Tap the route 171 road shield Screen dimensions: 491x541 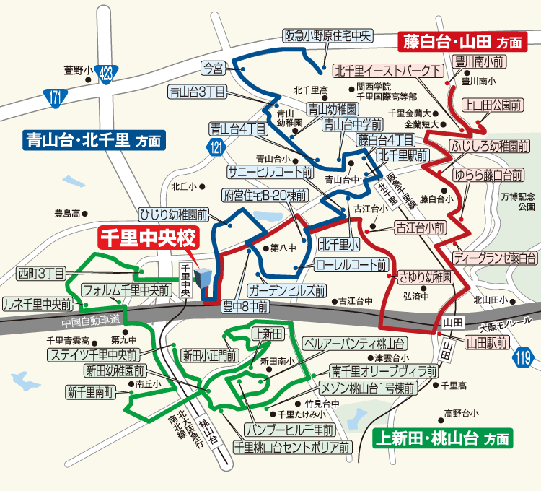55,97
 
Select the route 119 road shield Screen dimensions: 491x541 524,357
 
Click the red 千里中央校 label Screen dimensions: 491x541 147,237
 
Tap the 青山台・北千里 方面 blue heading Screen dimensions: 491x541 93,139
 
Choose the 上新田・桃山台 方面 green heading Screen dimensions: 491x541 443,438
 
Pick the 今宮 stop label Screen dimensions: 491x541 214,69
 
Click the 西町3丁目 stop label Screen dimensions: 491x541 40,273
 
